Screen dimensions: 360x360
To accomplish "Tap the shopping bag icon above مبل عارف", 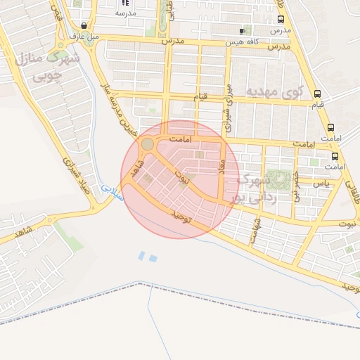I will (x=84, y=25).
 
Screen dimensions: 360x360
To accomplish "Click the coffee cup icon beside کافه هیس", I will (x=243, y=32).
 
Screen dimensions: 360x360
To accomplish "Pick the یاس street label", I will (x=321, y=183).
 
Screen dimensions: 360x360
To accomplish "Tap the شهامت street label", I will (x=255, y=231).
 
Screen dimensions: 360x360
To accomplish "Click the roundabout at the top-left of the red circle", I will (x=148, y=144).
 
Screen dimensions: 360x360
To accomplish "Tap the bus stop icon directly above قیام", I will (x=318, y=94).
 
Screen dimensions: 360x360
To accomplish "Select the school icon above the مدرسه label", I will (x=125, y=3).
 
